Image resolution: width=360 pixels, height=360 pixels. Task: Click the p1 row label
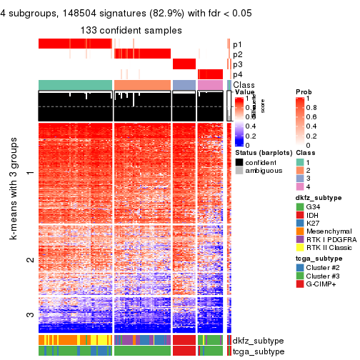237,44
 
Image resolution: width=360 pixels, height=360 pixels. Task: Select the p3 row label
237,64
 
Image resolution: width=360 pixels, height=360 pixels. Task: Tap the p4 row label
237,74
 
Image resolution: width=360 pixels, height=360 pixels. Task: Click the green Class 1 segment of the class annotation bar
75,85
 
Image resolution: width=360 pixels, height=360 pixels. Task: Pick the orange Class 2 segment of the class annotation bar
141,85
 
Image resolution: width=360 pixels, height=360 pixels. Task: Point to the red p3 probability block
184,64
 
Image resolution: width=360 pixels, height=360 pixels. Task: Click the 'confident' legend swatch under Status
239,163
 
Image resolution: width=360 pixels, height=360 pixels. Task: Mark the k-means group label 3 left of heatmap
29,314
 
